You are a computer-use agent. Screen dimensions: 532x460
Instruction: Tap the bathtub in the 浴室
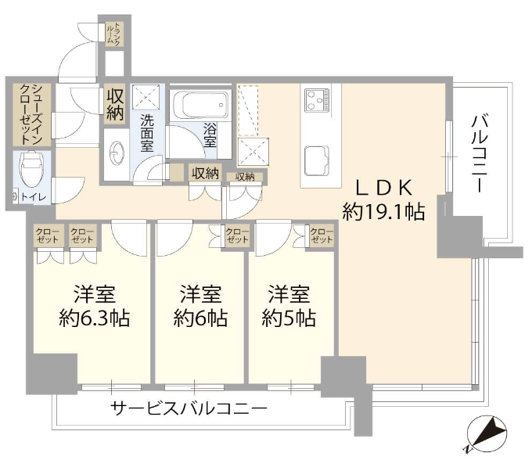point(201,105)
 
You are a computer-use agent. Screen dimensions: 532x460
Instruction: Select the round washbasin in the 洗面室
point(117,154)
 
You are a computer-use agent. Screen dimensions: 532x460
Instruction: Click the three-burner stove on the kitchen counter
point(317,99)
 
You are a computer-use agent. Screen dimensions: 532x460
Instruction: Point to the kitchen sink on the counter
point(317,160)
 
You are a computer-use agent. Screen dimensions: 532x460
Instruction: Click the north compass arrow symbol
point(486,433)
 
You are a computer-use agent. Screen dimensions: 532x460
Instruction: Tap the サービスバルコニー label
point(189,408)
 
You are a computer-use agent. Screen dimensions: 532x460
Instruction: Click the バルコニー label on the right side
point(480,153)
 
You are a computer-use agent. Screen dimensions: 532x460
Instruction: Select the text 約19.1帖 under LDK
point(383,211)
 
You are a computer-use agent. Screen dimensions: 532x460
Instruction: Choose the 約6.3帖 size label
point(95,318)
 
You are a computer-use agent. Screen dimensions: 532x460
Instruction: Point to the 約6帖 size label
point(200,318)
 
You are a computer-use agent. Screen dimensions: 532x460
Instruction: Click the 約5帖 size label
point(289,318)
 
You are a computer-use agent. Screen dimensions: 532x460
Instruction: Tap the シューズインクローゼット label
point(31,114)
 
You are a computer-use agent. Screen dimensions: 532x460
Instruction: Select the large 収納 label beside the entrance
point(115,105)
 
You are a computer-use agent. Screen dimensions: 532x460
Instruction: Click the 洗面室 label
point(147,133)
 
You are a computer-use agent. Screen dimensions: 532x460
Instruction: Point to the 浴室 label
point(210,135)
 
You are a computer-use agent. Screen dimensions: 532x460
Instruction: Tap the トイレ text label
point(33,196)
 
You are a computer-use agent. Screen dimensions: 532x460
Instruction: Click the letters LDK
point(383,187)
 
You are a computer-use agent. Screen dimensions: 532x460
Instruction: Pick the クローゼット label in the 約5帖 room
point(322,235)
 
